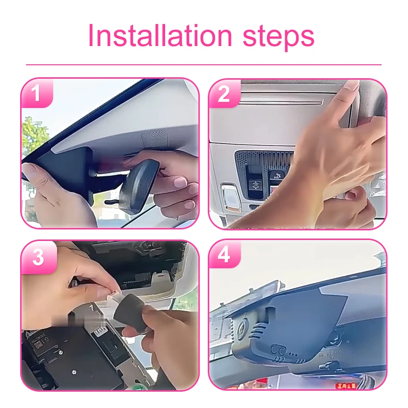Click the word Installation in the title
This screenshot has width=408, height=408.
(x=160, y=36)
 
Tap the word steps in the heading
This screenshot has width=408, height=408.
(x=278, y=38)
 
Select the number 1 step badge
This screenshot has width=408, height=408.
(x=37, y=93)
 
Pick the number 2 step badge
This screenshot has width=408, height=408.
(x=224, y=94)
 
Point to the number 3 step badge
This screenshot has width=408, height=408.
(x=38, y=257)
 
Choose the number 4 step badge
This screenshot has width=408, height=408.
(x=224, y=254)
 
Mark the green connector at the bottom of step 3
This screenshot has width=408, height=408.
(x=138, y=386)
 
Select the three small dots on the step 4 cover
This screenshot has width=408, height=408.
(x=293, y=354)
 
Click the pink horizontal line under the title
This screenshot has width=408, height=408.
(x=204, y=64)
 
